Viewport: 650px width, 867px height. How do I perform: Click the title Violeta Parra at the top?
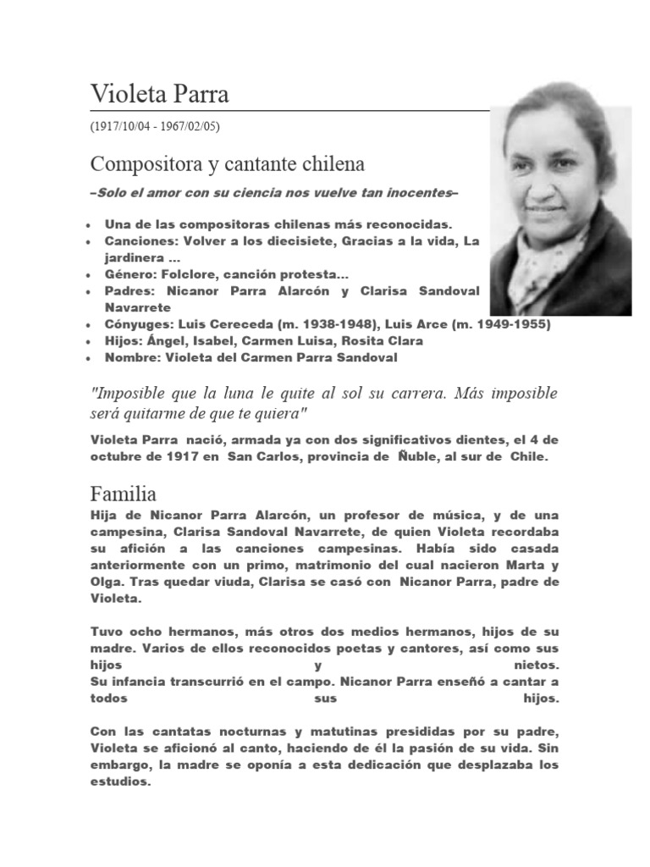(159, 94)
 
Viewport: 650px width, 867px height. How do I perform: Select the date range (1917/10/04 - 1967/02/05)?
(154, 126)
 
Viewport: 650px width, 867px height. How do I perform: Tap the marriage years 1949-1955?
(509, 324)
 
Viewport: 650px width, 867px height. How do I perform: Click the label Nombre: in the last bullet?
(133, 357)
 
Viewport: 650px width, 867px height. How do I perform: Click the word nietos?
(537, 665)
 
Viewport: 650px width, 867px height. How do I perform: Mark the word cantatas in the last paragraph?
(175, 732)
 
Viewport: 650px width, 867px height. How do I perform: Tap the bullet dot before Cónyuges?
(91, 325)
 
